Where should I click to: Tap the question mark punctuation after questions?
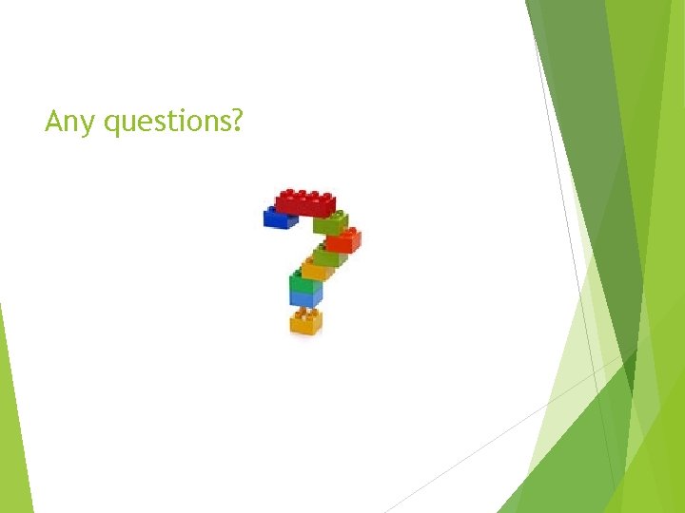click(236, 121)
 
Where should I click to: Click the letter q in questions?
click(112, 124)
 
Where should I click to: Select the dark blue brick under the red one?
click(279, 218)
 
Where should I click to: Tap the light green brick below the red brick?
click(330, 224)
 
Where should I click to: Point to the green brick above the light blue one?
click(305, 282)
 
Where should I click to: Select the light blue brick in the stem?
click(305, 297)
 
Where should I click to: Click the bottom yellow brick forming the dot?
click(305, 323)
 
